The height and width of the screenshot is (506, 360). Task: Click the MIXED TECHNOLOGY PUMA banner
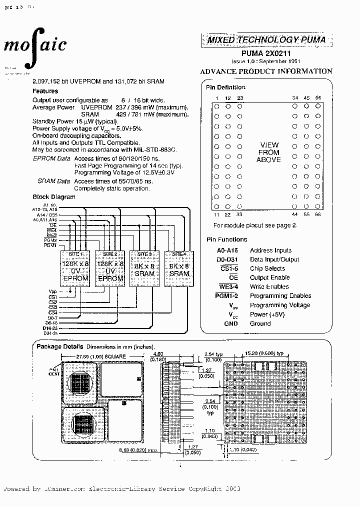point(266,39)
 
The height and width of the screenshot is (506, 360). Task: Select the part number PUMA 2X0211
point(266,52)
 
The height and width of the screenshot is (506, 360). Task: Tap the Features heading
point(45,91)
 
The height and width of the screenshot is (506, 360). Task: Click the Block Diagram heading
point(54,196)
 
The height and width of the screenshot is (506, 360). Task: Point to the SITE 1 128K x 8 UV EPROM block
point(75,267)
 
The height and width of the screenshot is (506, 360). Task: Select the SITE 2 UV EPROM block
point(110,267)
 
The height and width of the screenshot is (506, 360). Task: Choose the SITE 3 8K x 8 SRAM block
point(144,267)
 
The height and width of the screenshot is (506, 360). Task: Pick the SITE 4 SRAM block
point(179,267)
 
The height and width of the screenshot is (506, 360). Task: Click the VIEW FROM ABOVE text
point(268,152)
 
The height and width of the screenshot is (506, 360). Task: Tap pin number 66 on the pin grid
point(318,214)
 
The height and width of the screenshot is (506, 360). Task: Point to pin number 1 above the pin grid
point(217,98)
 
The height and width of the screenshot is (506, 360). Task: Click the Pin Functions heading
point(226,239)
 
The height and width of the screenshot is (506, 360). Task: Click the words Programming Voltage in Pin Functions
point(280,305)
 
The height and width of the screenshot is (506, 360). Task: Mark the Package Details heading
point(59,346)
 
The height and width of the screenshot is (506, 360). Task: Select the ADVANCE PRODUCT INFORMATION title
point(266,71)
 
